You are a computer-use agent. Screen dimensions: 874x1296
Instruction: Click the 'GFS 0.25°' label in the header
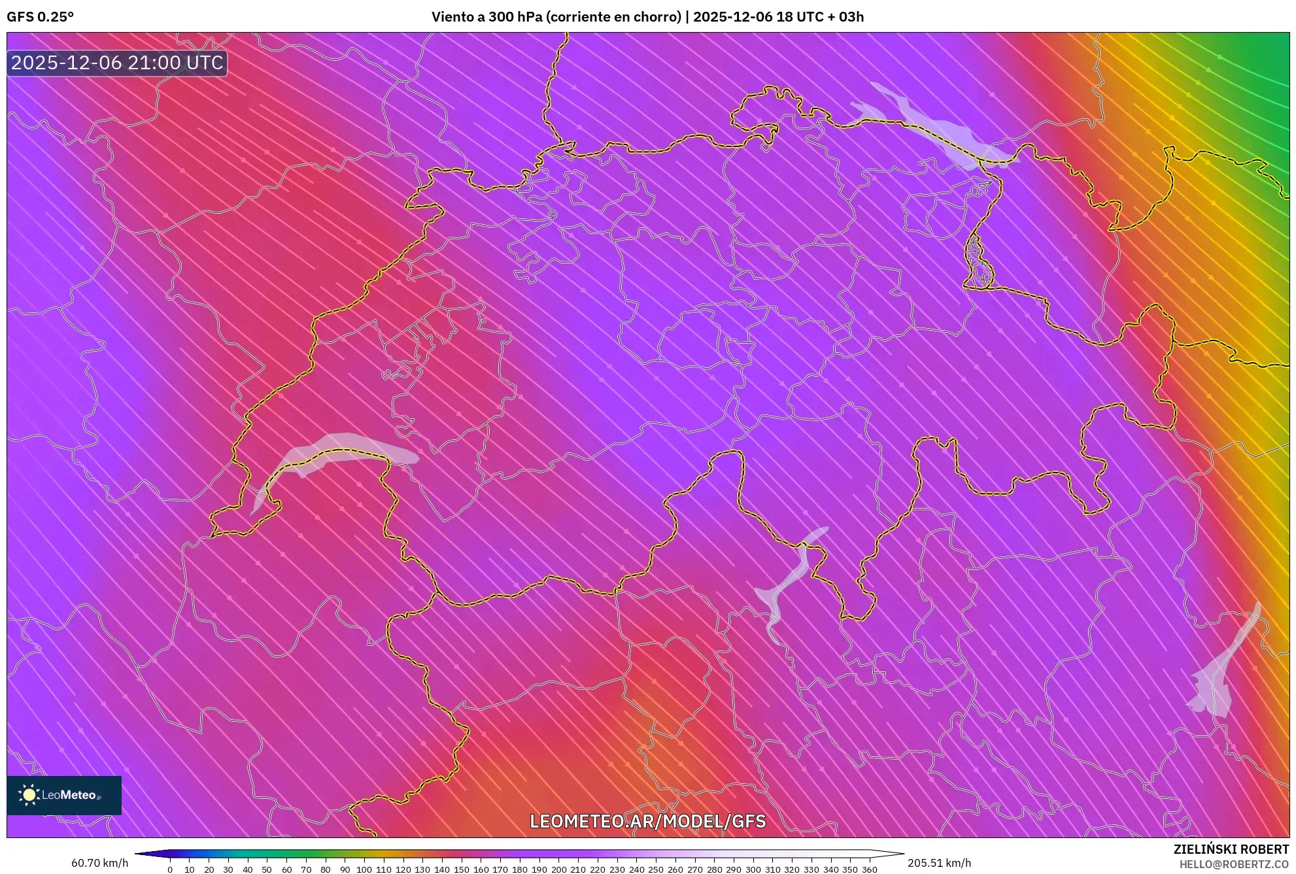(40, 17)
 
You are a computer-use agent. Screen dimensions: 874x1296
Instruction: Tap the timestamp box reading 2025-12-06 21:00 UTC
(117, 63)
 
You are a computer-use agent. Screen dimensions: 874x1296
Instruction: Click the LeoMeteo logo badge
(64, 795)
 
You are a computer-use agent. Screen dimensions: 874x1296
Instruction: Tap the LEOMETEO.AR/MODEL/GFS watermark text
(647, 821)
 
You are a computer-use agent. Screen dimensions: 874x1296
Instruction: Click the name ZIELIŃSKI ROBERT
(1231, 849)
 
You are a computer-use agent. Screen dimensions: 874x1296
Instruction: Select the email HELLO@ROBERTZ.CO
(1234, 864)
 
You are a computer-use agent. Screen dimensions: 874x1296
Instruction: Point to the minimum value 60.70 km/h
(99, 863)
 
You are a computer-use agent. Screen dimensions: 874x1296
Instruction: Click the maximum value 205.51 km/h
(939, 863)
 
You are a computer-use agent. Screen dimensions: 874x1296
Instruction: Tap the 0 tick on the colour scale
(170, 869)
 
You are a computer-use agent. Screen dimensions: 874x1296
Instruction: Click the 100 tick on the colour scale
(364, 869)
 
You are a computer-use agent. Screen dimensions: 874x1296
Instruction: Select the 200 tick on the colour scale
(558, 869)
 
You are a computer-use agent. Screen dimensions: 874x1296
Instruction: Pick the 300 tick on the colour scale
(753, 869)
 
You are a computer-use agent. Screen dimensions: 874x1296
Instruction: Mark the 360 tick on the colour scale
(869, 869)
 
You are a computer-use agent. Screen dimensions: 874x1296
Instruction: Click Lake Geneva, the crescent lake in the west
(340, 448)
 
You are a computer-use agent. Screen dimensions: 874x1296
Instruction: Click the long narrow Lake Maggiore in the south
(788, 582)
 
